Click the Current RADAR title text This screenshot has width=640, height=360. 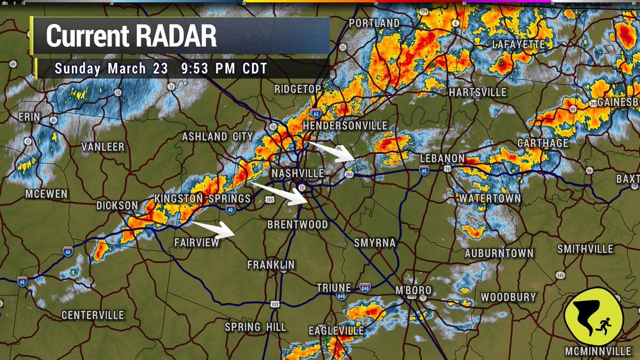point(131,36)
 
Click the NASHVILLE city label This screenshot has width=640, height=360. point(298,174)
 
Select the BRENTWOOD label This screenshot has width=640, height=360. point(298,225)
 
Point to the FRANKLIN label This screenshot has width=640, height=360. point(271,265)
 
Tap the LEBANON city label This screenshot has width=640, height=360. point(442,159)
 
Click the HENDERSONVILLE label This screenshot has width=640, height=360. point(345,125)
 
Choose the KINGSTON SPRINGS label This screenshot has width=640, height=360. point(203,198)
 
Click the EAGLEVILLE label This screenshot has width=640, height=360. point(336,331)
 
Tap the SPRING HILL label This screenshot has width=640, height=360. point(255,327)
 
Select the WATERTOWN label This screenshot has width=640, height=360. point(490,198)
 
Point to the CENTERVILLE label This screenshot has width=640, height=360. point(93,315)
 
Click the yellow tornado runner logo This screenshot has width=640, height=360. point(593,316)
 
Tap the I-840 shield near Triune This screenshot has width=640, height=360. point(365,288)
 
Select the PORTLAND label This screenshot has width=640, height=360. point(374,23)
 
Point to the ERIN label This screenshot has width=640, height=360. point(30,117)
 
